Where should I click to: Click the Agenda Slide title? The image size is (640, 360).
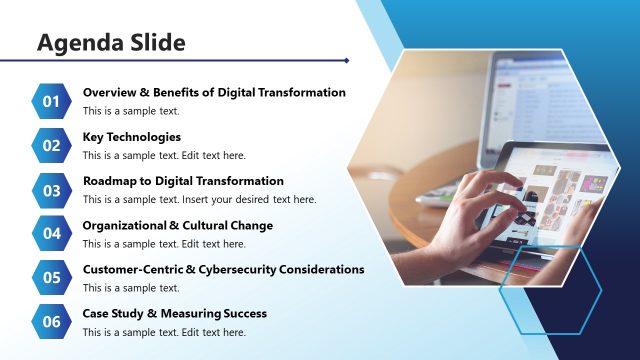point(111,43)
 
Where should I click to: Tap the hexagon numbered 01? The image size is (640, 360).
point(52,100)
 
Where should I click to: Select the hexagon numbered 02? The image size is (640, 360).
point(52,145)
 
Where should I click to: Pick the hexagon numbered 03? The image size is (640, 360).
point(52,189)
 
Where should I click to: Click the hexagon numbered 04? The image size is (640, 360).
point(52,233)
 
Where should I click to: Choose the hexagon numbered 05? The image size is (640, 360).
point(52,277)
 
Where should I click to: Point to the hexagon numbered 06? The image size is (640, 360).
point(52,321)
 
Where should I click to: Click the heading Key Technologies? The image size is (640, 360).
point(131,137)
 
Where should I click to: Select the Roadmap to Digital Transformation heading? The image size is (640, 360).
point(183,181)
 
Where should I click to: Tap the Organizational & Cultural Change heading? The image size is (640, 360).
point(177,225)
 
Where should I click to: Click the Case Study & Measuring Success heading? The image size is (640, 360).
point(174,313)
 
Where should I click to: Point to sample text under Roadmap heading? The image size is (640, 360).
point(199,199)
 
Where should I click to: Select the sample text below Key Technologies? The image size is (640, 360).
point(163,155)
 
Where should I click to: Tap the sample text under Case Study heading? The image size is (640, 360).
point(163,331)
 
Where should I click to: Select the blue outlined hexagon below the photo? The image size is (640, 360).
point(549,289)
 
